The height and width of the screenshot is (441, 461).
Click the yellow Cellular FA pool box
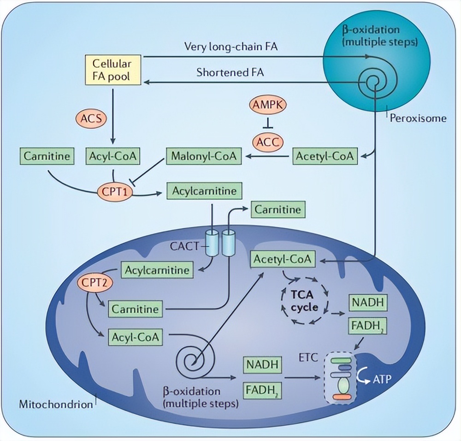112,70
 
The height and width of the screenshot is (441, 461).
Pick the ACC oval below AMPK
268,142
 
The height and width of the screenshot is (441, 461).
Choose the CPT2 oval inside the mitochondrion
95,282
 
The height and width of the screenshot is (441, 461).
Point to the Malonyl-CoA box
204,156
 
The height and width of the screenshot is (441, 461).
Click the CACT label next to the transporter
186,246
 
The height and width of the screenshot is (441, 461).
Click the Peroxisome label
418,118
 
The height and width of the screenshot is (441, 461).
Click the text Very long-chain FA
231,47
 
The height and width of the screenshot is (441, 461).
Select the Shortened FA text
230,72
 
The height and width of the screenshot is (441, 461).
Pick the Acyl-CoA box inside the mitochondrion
136,337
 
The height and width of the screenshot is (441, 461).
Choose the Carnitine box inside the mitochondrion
136,309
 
